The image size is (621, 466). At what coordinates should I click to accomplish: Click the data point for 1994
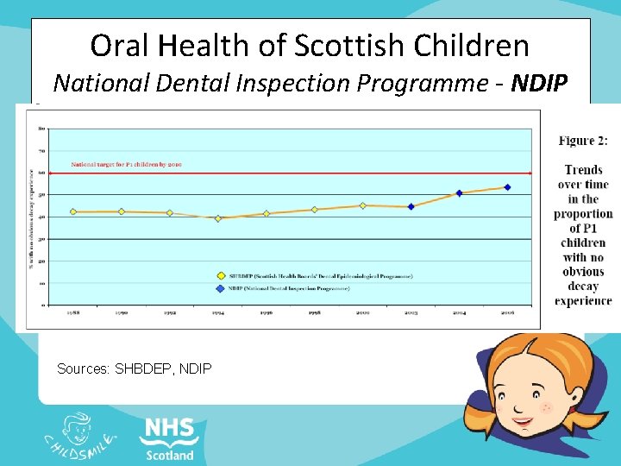218,218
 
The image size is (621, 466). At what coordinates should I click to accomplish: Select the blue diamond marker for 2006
507,187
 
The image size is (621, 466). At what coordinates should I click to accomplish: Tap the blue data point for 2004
459,193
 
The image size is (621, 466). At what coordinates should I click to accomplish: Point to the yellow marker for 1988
73,211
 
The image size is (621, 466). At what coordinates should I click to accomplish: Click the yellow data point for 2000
362,205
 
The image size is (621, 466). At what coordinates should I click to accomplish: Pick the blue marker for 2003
411,206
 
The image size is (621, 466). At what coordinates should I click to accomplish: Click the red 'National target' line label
127,163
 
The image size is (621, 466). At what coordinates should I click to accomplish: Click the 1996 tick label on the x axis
266,313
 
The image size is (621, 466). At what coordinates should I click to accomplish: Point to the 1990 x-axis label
121,313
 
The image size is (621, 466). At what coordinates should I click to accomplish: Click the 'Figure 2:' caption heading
583,141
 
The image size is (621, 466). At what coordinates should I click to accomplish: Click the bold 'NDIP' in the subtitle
539,83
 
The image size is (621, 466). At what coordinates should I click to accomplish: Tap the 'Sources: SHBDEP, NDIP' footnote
134,368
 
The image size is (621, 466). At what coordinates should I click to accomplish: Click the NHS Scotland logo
169,438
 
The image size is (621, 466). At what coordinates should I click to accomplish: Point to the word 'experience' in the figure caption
583,301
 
